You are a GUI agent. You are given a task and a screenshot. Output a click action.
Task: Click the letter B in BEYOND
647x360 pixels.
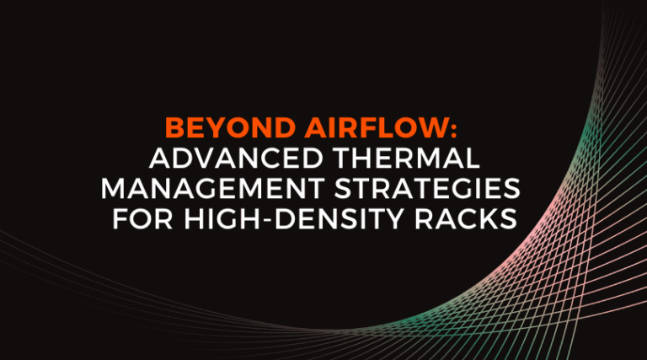[x=174, y=130]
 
